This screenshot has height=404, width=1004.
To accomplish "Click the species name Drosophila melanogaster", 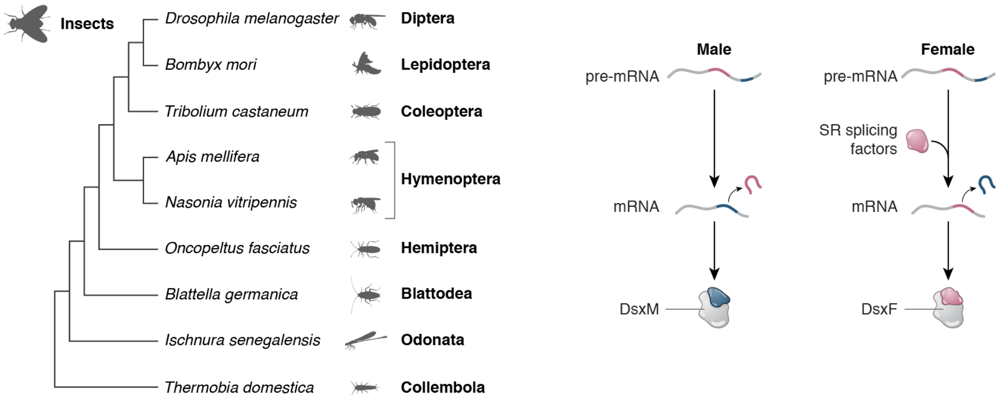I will click(252, 19).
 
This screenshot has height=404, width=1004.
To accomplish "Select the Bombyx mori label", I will click(211, 65).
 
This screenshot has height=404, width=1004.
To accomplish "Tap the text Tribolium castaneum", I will click(236, 111).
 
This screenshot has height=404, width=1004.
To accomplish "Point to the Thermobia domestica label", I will click(239, 388).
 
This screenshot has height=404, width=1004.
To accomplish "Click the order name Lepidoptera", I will click(445, 65).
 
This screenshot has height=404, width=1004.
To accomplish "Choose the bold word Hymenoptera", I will click(450, 179).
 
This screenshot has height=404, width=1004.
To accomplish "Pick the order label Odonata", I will click(432, 340).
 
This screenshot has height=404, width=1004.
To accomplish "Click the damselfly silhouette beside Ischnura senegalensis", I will click(366, 340).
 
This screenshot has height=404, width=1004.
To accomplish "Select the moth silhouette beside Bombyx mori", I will click(366, 64).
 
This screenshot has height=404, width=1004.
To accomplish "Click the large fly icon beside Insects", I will click(27, 24).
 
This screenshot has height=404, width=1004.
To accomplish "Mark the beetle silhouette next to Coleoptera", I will click(366, 111).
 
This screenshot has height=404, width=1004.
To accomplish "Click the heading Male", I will click(714, 50).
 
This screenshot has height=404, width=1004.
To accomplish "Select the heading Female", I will click(947, 50).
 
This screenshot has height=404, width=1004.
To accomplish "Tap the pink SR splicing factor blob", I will click(917, 141).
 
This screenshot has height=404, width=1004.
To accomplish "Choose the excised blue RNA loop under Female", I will click(987, 184).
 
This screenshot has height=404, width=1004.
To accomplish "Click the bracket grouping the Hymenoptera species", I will click(393, 179).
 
